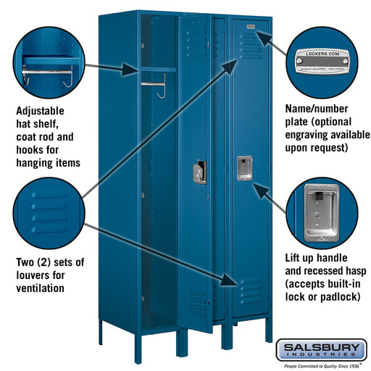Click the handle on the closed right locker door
[244, 167]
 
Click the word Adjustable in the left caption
[40, 112]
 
